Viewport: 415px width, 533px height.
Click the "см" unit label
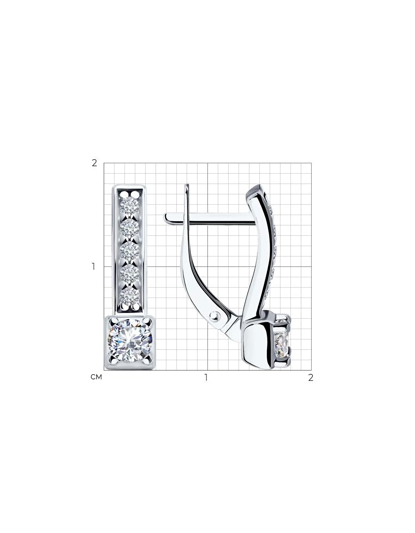[x=96, y=377]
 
